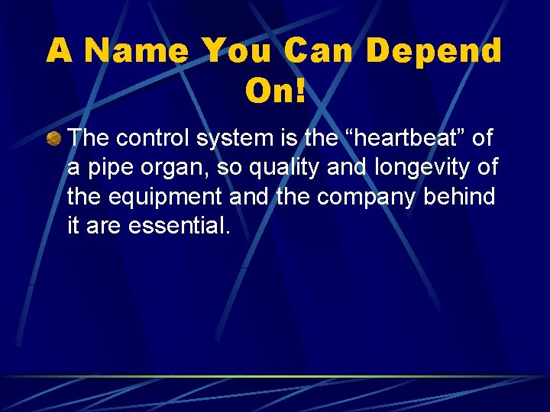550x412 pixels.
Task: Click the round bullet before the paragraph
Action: tap(53, 139)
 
